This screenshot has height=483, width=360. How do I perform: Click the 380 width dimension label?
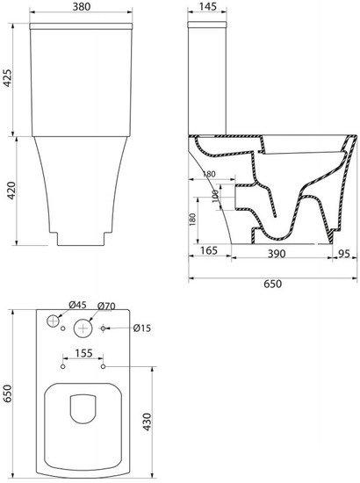pyautogui.click(x=82, y=6)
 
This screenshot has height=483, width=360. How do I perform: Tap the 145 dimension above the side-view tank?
pyautogui.click(x=208, y=6)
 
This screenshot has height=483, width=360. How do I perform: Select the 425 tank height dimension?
pyautogui.click(x=7, y=78)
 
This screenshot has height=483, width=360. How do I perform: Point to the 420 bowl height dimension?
pyautogui.click(x=11, y=191)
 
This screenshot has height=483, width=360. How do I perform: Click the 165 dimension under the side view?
pyautogui.click(x=209, y=251)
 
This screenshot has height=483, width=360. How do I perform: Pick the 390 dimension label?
pyautogui.click(x=277, y=254)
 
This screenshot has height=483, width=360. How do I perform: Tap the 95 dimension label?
pyautogui.click(x=344, y=254)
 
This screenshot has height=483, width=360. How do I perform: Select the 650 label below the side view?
pyautogui.click(x=272, y=284)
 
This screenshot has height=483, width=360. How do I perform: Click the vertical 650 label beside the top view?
pyautogui.click(x=7, y=393)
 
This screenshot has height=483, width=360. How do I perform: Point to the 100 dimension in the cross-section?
pyautogui.click(x=215, y=195)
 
